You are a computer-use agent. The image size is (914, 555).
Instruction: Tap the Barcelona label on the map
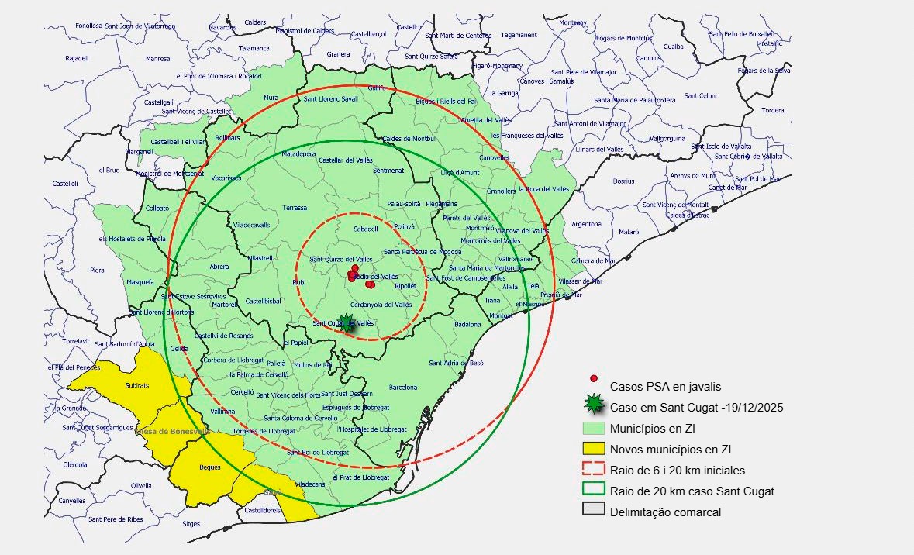(403, 387)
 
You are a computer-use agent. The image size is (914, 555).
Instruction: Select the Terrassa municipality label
(295, 208)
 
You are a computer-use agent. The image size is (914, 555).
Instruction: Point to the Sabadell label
(365, 229)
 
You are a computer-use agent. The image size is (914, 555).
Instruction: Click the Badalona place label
(467, 324)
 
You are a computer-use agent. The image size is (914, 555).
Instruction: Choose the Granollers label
(500, 191)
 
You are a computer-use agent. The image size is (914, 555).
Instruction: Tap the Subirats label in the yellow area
(136, 385)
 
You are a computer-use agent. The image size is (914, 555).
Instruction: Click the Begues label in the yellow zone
(210, 467)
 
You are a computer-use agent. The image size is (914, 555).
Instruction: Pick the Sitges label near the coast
(191, 524)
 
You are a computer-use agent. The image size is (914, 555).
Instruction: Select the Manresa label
(158, 59)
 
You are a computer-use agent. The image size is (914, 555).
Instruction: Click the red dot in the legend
(594, 378)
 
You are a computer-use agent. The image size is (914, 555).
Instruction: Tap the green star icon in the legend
(594, 402)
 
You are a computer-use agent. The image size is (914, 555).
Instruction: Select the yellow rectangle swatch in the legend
(593, 449)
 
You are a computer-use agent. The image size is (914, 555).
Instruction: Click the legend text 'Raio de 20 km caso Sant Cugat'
(692, 491)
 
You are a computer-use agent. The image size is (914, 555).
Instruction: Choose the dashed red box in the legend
(593, 469)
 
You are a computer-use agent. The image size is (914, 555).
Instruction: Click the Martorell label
(226, 305)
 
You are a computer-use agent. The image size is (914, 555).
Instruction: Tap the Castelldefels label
(262, 511)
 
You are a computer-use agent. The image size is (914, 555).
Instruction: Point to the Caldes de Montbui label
(409, 138)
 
